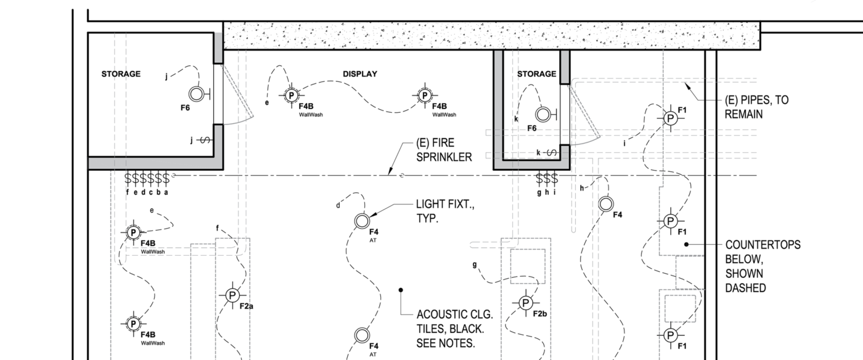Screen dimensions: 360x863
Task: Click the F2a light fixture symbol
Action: (x=232, y=295)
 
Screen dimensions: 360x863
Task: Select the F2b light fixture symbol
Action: (x=525, y=302)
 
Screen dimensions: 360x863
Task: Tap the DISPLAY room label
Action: (x=360, y=74)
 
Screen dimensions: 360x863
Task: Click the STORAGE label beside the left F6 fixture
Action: (x=121, y=74)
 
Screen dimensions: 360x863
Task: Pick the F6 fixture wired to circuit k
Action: (x=543, y=114)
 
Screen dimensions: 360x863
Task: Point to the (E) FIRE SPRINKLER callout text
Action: (x=444, y=150)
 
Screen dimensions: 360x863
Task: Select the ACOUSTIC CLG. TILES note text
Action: (x=455, y=328)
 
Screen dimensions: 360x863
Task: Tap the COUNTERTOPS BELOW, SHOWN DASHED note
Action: (x=763, y=266)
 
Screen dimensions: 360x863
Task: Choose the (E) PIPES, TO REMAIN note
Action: (x=756, y=107)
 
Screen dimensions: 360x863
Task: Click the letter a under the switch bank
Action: (x=166, y=192)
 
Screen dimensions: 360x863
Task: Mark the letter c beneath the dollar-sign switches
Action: (x=151, y=192)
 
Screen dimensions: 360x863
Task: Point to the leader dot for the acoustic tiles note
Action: (x=401, y=289)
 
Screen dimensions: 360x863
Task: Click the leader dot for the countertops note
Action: (x=686, y=244)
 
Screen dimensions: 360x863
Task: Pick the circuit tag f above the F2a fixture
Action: (x=217, y=228)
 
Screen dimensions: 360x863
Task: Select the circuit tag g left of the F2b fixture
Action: (x=475, y=264)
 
